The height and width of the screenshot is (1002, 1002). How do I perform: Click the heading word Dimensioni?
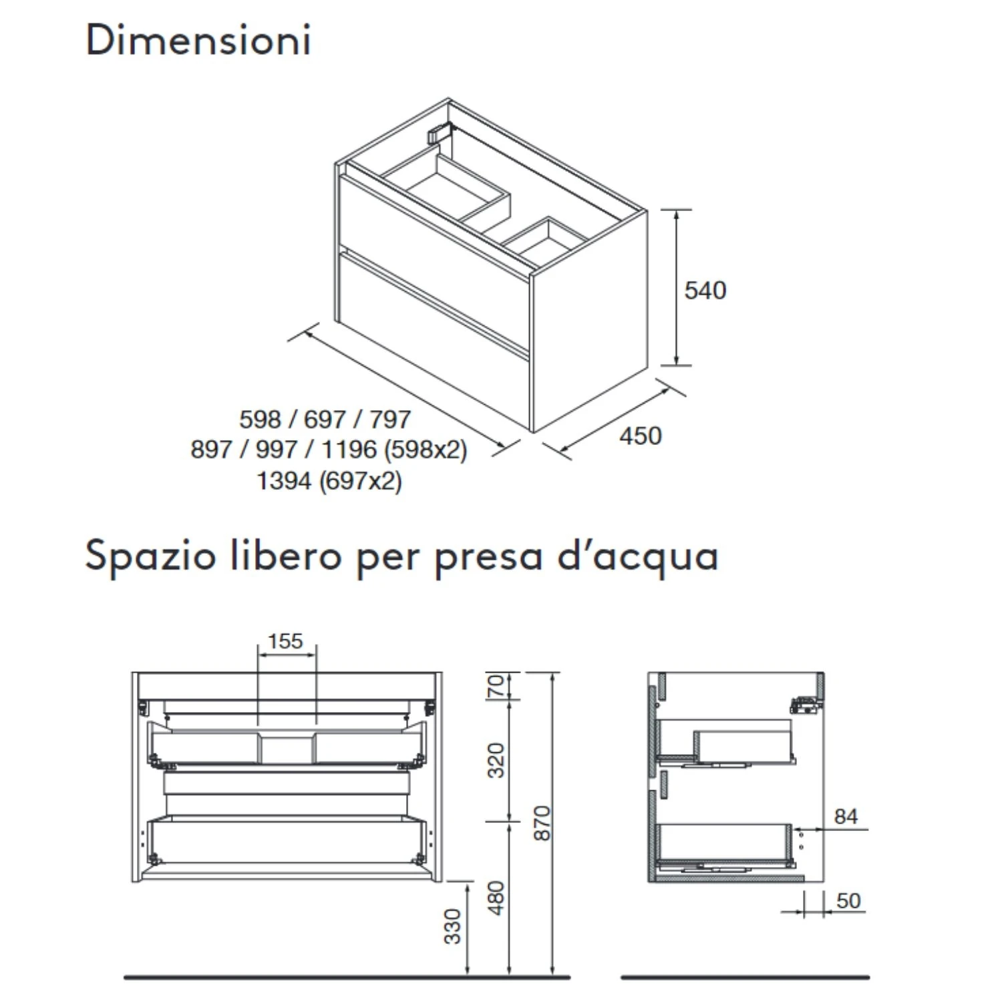tap(198, 40)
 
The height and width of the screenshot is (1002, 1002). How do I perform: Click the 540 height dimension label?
tap(705, 291)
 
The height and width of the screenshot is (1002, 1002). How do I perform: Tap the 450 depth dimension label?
tap(640, 436)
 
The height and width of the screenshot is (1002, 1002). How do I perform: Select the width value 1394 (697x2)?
tap(329, 480)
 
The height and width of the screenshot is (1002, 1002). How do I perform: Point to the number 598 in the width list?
tap(260, 420)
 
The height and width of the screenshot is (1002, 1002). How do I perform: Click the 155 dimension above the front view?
tap(285, 641)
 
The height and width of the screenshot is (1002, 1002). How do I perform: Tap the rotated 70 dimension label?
tap(496, 686)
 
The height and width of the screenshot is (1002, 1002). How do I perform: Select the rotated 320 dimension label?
tap(496, 760)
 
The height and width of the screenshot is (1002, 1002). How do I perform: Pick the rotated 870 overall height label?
tap(542, 823)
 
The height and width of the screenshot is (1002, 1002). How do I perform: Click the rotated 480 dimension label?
tap(496, 898)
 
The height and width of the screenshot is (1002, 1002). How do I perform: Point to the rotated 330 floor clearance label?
tap(453, 926)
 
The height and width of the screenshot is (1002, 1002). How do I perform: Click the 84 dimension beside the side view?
tap(846, 816)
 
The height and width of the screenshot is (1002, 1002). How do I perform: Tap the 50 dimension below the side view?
tap(848, 900)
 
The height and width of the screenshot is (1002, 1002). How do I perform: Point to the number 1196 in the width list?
tap(349, 450)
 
